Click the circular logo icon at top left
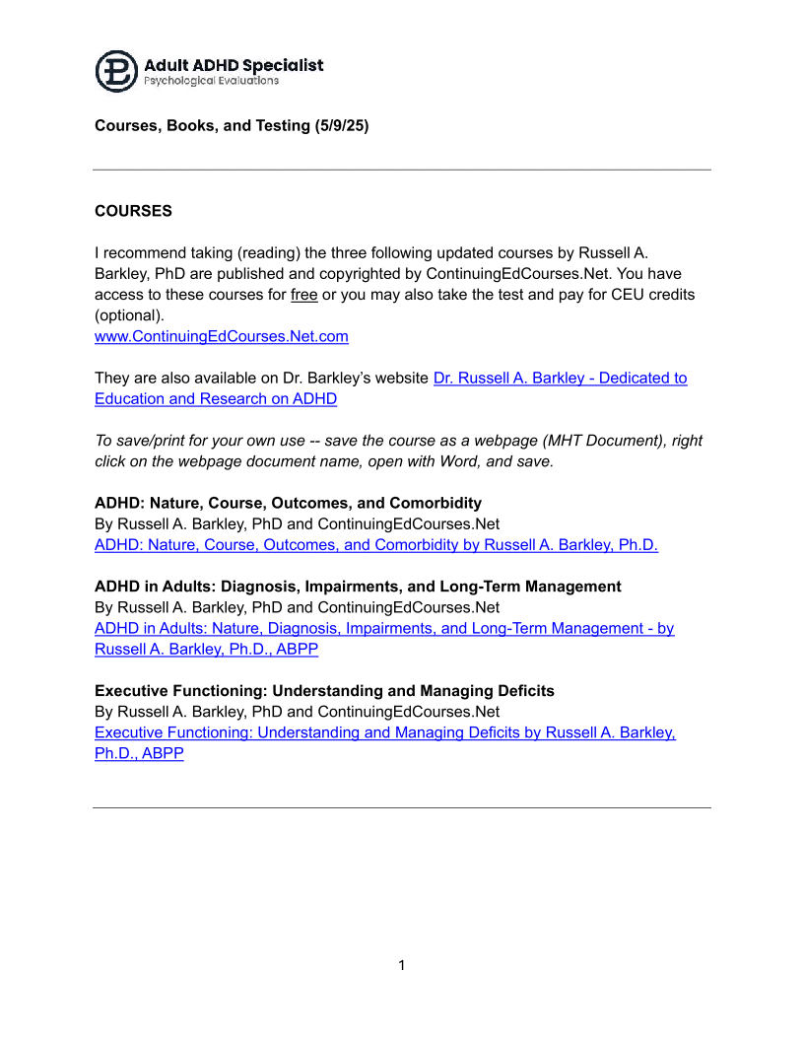(x=116, y=71)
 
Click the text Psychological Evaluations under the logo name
(x=211, y=81)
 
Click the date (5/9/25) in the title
(x=342, y=126)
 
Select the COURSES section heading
(x=133, y=211)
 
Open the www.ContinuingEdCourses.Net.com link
(x=222, y=336)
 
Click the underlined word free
(x=304, y=295)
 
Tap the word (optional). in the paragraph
(x=130, y=315)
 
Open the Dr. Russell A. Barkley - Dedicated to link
(x=560, y=378)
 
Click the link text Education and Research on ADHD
(x=216, y=398)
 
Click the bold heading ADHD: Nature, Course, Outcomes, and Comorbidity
(x=288, y=503)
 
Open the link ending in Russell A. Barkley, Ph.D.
(x=376, y=544)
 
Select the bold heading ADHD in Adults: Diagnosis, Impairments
(x=358, y=587)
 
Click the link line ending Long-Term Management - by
(x=384, y=628)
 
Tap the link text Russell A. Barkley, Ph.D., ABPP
(x=207, y=649)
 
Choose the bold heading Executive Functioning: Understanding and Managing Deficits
(x=324, y=691)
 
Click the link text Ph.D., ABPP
(x=139, y=753)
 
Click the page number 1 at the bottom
(x=402, y=965)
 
